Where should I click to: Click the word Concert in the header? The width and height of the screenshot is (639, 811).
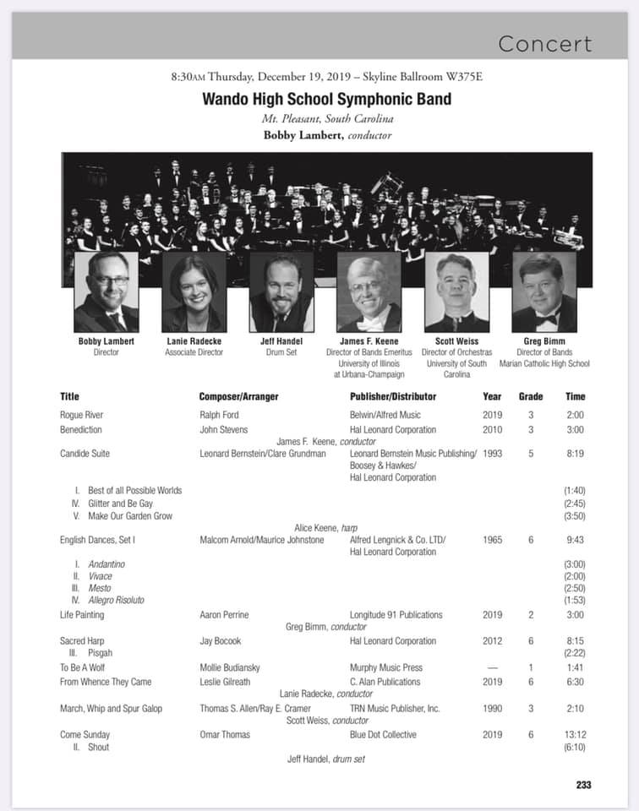click(545, 44)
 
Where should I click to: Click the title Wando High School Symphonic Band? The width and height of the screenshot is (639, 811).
click(326, 99)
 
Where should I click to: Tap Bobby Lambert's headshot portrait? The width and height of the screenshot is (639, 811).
click(106, 292)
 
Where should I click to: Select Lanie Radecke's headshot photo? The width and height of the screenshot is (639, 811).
click(194, 292)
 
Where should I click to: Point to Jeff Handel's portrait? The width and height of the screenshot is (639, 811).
click(281, 292)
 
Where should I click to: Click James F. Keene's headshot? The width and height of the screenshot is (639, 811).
click(369, 292)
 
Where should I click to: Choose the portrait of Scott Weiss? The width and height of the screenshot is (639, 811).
click(456, 292)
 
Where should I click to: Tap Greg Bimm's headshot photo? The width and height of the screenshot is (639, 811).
click(543, 292)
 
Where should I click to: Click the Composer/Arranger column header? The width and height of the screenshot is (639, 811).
click(238, 396)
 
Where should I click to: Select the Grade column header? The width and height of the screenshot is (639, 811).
click(531, 396)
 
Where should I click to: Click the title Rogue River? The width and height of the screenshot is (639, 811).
click(81, 415)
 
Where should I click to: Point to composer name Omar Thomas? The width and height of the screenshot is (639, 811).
click(225, 734)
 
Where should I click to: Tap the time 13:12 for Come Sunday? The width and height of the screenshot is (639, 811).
click(575, 734)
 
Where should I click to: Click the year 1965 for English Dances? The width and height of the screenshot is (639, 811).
click(492, 540)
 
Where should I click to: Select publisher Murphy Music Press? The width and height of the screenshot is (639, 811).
click(387, 667)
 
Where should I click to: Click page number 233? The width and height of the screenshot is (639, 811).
click(583, 785)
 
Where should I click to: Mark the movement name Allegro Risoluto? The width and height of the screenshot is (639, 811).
click(116, 600)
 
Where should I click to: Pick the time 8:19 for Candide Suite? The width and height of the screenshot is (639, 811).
click(575, 454)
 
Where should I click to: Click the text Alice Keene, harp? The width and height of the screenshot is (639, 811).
click(328, 528)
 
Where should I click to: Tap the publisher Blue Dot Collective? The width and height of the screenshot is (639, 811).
click(383, 734)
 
